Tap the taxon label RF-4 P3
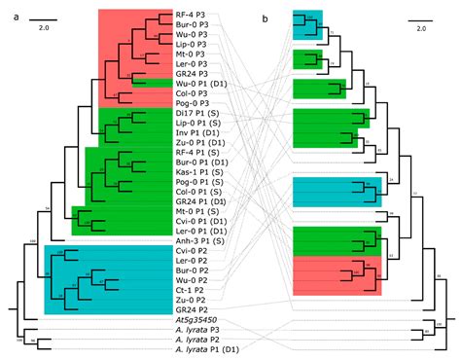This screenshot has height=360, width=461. [x=192, y=16]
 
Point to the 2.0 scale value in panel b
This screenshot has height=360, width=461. [x=420, y=28]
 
